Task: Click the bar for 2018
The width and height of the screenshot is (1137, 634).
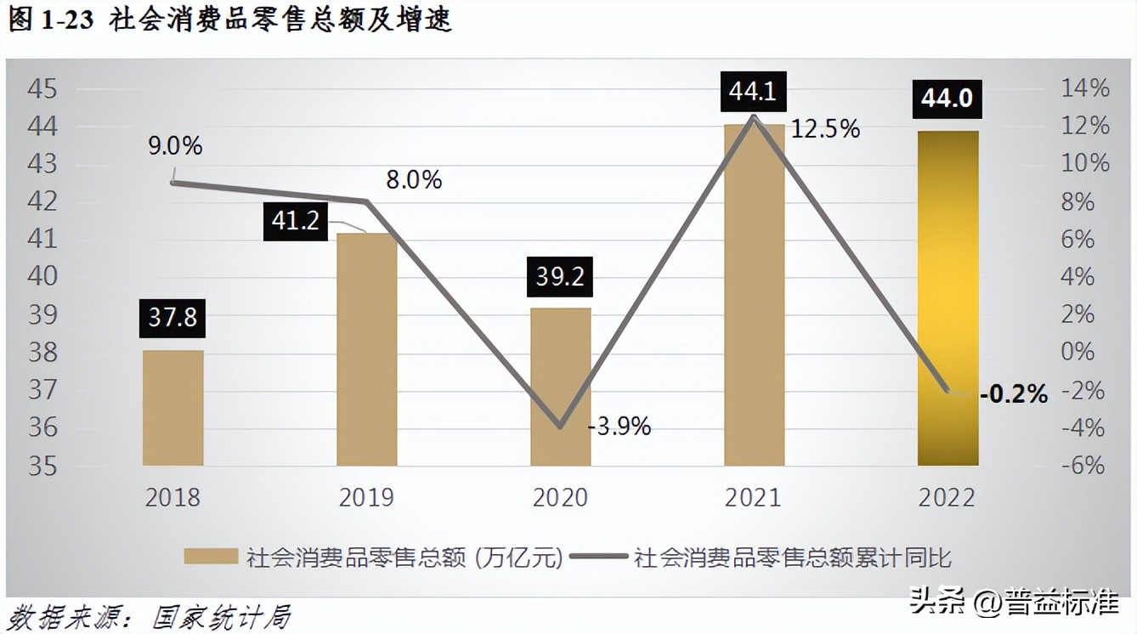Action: click(x=173, y=408)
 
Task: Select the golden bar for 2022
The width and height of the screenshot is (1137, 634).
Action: click(x=947, y=297)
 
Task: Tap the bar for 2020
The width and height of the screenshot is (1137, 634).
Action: click(x=560, y=387)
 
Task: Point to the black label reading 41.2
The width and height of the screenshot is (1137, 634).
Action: click(x=295, y=221)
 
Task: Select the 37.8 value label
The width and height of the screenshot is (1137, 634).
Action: click(x=173, y=317)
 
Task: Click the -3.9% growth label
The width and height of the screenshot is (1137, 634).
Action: click(x=619, y=427)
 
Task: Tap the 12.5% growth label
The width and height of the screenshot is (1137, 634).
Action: click(x=825, y=129)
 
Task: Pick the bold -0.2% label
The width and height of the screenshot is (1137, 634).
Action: click(x=1013, y=394)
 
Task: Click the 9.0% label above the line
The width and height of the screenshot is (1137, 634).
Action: click(x=175, y=146)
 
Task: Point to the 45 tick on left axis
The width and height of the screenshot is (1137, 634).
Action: click(x=42, y=88)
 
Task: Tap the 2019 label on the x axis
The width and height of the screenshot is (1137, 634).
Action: click(x=366, y=497)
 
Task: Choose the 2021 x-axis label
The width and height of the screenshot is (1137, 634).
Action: click(x=753, y=497)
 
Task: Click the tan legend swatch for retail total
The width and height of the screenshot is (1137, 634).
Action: click(x=211, y=557)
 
